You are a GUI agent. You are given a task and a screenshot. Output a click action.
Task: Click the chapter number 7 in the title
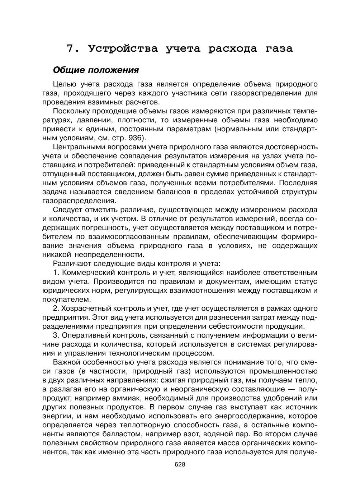point(70,48)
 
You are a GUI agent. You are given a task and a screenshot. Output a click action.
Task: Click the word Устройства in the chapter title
point(123,48)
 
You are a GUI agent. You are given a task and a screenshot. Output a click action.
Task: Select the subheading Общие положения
point(96,70)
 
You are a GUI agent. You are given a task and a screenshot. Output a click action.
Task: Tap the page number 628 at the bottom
point(180,465)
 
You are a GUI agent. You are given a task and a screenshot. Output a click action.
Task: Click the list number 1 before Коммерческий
point(56,272)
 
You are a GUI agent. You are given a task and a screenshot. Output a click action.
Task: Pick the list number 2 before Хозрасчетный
point(56,308)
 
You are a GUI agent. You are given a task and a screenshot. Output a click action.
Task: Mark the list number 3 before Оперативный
point(56,335)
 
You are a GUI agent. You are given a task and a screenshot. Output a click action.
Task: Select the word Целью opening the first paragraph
point(65,84)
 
